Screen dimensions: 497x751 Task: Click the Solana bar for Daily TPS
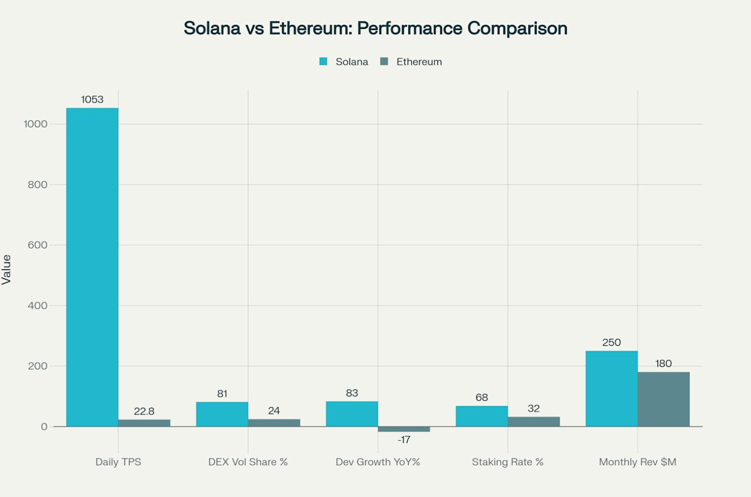92,267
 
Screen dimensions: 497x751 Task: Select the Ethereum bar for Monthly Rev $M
663,399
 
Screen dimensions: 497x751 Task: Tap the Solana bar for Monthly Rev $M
611,389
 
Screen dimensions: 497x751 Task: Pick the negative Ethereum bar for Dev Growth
403,429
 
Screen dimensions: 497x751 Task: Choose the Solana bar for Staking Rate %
481,416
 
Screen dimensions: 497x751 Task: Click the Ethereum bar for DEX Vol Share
274,423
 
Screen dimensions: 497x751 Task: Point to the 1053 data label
92,99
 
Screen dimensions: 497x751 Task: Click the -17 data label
404,440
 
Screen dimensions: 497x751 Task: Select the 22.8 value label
144,411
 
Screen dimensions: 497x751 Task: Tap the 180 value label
663,363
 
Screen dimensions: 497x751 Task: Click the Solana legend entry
344,62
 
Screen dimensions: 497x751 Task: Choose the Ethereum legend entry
411,62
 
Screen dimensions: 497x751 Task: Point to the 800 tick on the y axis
37,185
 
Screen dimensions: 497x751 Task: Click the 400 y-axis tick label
37,305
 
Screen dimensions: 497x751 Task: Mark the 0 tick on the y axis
44,427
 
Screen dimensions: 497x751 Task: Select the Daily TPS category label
118,462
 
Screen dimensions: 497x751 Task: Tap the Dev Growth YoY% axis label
377,462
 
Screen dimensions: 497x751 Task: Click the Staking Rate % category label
507,462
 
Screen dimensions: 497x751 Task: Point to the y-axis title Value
6,269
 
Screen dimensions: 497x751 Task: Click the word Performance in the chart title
409,28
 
